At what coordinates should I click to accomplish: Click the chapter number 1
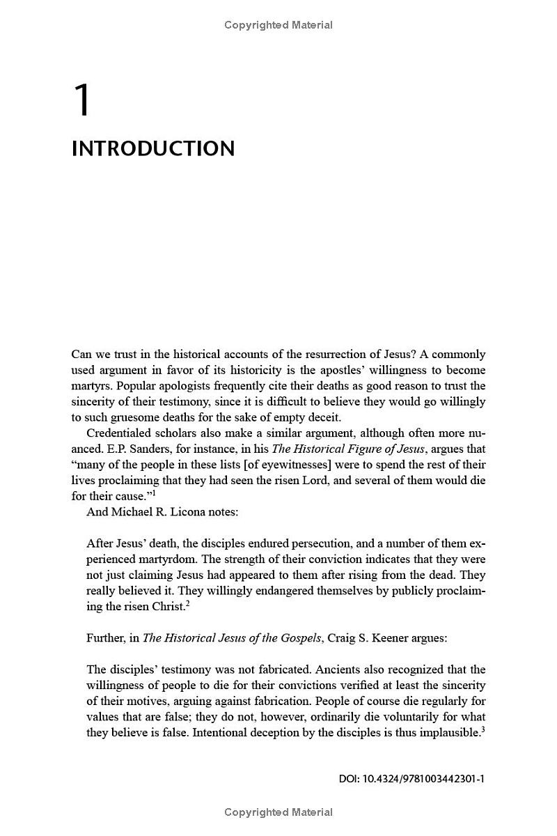point(82,100)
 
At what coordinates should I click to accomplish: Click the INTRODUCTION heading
point(153,149)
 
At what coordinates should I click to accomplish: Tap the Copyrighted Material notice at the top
point(278,25)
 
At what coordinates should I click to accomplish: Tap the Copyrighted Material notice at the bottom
point(278,812)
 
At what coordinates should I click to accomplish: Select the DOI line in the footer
point(411,779)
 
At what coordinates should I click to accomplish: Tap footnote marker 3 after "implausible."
point(483,729)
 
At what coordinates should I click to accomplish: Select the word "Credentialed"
point(119,433)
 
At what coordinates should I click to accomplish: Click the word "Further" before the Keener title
point(105,637)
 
